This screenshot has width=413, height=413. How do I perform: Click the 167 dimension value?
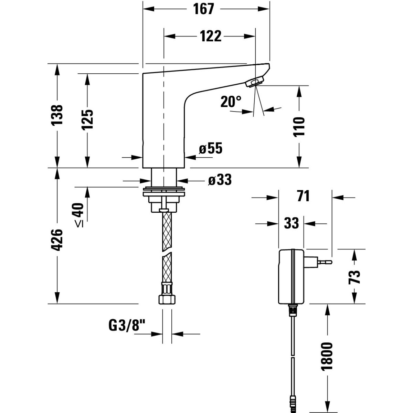pos(204,9)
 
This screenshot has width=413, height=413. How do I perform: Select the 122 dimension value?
pos(210,36)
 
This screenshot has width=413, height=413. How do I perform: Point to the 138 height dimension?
pos(58,115)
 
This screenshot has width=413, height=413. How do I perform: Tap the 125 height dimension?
pos(87,120)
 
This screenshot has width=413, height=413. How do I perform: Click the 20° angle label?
pos(231,102)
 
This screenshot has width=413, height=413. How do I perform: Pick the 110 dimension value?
pos(300,127)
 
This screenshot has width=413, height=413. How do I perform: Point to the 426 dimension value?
pos(57,240)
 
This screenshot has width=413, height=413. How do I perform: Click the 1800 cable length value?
pos(327,356)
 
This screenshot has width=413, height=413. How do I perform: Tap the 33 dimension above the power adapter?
pos(292,223)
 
